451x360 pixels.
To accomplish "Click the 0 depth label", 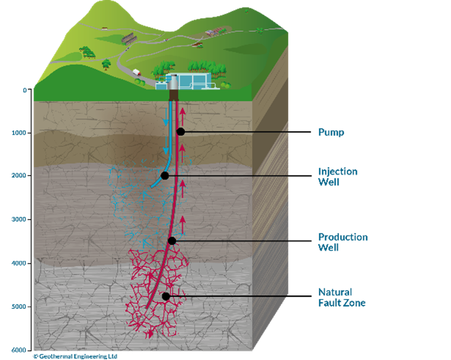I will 25,91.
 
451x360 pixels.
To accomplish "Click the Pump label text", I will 331,132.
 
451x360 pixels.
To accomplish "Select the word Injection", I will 338,171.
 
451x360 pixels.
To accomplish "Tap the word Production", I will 343,237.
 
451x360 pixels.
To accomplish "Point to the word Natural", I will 335,292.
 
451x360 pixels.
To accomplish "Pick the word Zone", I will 354,303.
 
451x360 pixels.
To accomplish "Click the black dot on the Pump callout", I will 181,131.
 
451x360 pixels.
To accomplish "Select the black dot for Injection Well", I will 165,176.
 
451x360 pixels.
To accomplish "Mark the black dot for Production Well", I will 172,240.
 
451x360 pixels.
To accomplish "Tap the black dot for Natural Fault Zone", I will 167,295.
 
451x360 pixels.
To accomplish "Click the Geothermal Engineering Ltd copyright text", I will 75,356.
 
